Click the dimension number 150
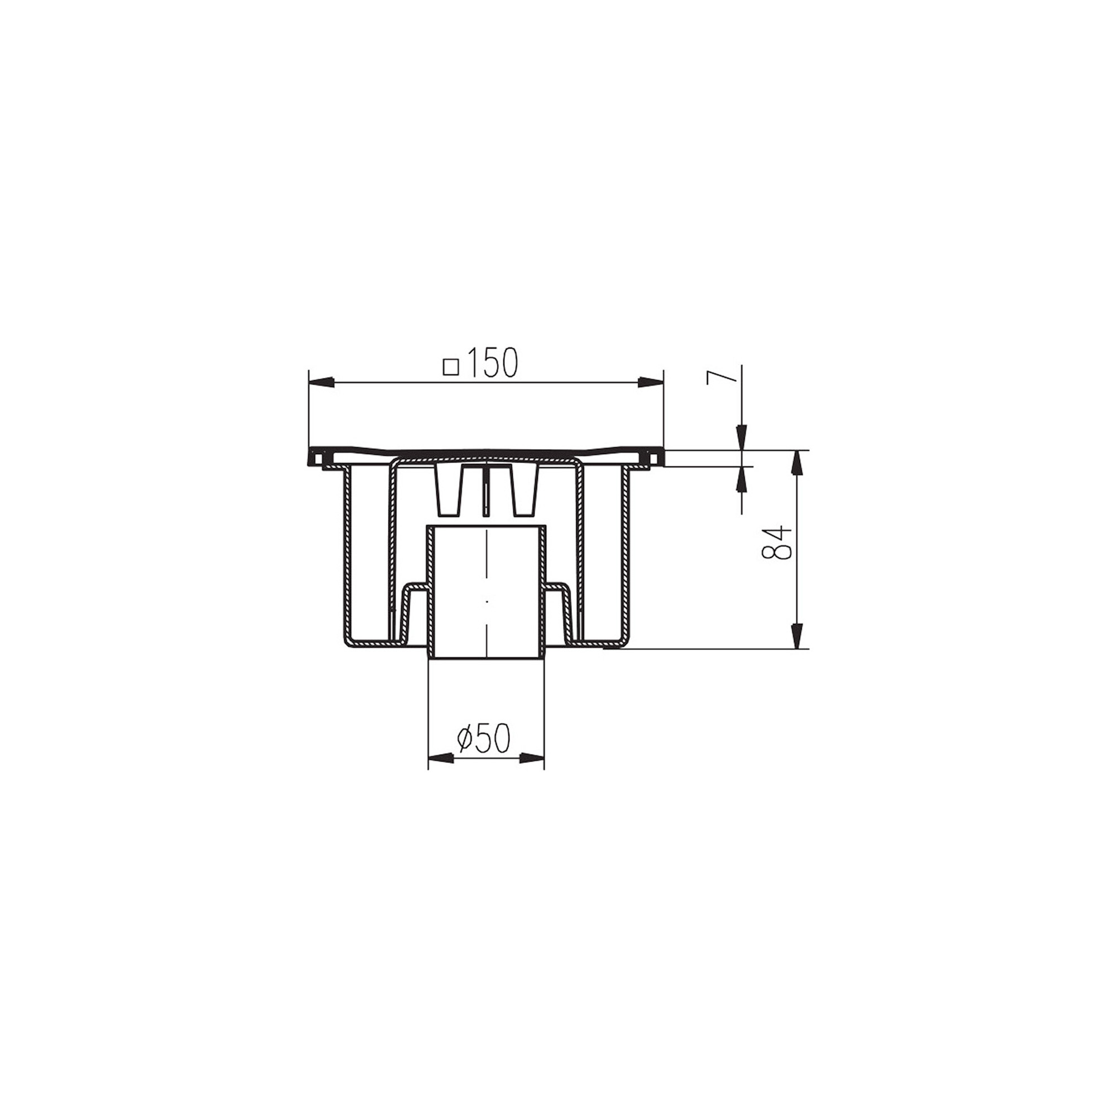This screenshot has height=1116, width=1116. (x=492, y=363)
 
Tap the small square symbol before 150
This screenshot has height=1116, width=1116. (x=450, y=367)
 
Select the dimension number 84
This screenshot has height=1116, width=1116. (x=775, y=542)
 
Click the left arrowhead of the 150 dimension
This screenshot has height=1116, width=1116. (x=322, y=382)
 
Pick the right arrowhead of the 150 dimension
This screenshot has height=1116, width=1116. (x=651, y=382)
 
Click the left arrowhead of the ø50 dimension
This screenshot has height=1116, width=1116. (x=440, y=758)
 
